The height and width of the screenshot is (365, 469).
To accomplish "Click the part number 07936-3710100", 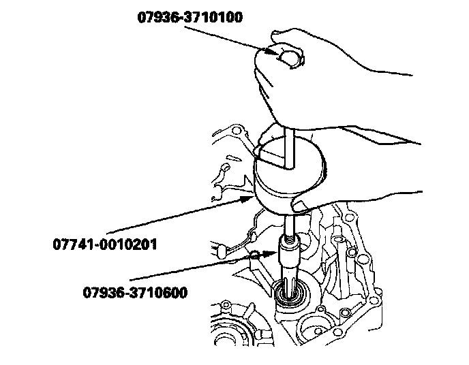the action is click(190, 18).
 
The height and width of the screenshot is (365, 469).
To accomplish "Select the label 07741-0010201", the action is click(104, 243).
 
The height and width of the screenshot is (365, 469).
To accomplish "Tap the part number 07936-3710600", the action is click(134, 293).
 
